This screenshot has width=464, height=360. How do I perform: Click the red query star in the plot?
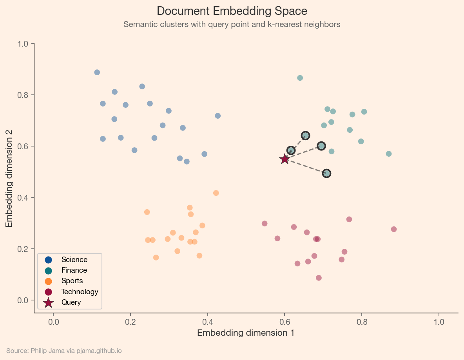click(285, 159)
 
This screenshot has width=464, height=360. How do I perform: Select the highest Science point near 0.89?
click(97, 72)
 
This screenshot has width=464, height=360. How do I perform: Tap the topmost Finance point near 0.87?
click(300, 78)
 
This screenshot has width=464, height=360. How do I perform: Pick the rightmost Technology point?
click(394, 229)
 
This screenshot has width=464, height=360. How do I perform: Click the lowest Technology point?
click(319, 278)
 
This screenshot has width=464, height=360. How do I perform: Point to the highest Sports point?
click(216, 193)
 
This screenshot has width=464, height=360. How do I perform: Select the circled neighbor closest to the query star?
click(291, 150)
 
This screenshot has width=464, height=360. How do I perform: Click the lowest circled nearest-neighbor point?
click(326, 173)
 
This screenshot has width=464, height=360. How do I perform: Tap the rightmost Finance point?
click(389, 154)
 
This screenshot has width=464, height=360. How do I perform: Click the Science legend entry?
click(74, 260)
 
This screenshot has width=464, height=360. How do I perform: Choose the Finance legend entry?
click(74, 270)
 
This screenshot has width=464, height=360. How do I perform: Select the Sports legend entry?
click(72, 281)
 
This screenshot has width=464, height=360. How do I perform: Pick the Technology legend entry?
click(79, 291)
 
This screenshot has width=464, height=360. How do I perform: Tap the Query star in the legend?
click(49, 302)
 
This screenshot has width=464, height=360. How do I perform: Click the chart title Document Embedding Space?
click(232, 11)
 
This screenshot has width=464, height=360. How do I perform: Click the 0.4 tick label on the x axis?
click(208, 322)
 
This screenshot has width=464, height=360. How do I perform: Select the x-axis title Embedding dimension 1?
click(246, 333)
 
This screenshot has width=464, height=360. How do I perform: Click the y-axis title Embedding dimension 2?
click(9, 178)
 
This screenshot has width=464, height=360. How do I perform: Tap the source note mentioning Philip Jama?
click(64, 351)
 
